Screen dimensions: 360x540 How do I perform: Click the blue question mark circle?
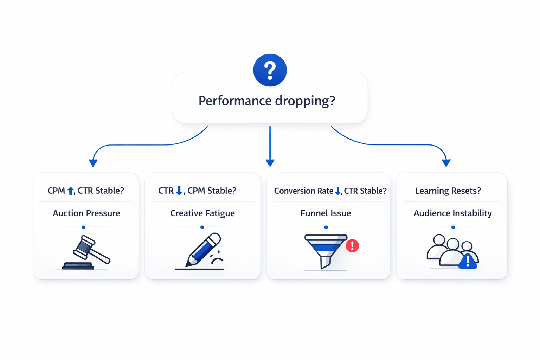[x=270, y=70]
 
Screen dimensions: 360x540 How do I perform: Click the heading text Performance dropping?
[x=267, y=101]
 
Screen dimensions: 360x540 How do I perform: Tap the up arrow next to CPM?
[x=71, y=191]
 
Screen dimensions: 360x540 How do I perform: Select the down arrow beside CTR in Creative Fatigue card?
[x=179, y=191]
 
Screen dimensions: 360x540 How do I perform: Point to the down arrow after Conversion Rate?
[x=338, y=191]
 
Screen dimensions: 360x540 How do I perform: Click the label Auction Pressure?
[x=86, y=213]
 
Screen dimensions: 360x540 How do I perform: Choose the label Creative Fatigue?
[x=202, y=213]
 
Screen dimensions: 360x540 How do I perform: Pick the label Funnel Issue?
[x=326, y=213]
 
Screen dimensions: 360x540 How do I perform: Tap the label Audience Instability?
[x=452, y=213]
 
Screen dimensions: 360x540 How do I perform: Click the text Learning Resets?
[x=448, y=191]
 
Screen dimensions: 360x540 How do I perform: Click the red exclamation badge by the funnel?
[x=352, y=245]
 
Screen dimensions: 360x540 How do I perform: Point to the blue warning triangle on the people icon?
[x=468, y=262]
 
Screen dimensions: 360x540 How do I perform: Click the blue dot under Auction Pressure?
[x=84, y=227]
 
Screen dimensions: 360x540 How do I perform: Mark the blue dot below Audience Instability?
[x=453, y=227]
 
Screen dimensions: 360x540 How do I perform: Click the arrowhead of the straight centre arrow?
[x=270, y=163]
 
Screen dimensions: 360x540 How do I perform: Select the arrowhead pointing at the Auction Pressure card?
[x=93, y=163]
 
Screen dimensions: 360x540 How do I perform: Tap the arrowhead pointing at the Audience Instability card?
[x=446, y=163]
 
